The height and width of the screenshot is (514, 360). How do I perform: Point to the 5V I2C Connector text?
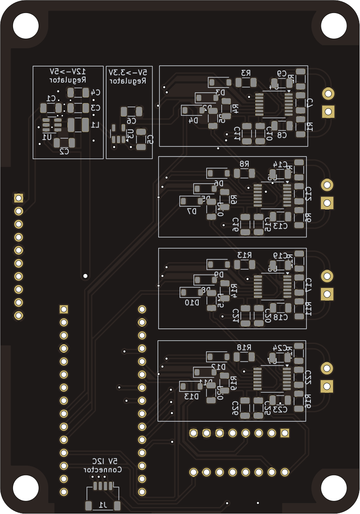point(103,465)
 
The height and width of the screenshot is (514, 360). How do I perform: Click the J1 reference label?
point(103,505)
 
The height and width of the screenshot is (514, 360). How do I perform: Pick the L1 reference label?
point(95,125)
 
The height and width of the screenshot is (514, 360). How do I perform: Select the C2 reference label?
point(64,151)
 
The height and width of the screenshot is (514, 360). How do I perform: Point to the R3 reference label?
point(246,73)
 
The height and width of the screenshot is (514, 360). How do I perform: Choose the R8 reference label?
point(244,164)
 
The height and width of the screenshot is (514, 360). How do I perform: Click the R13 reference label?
point(244,255)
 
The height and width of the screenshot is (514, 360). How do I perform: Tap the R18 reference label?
point(244,347)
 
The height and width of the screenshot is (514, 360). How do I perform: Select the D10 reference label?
point(192,303)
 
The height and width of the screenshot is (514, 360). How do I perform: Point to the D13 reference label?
point(191,396)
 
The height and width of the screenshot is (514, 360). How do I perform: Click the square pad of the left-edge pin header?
point(18,198)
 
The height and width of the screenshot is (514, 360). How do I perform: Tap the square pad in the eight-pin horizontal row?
point(285,433)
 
